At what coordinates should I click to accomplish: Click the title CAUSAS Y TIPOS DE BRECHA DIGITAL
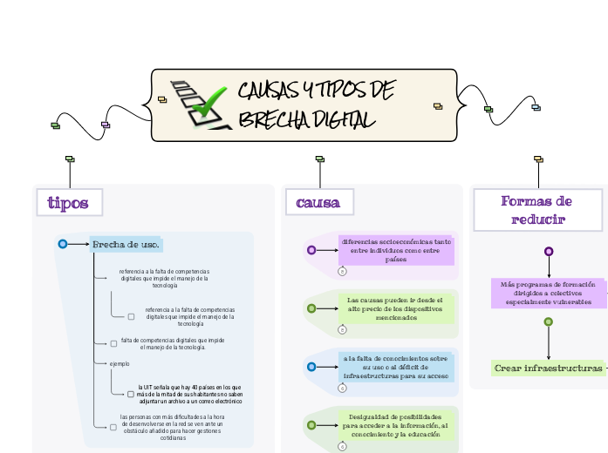pos(316,105)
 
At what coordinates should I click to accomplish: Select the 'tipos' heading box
pos(68,203)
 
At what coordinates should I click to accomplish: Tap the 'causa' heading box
pos(318,203)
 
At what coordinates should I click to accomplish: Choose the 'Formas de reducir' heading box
pos(537,210)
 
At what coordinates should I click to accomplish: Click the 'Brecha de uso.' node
pos(126,244)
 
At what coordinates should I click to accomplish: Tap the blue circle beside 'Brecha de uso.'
pos(62,244)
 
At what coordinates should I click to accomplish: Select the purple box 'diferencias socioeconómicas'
pos(396,250)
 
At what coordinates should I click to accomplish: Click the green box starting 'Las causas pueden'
pos(396,308)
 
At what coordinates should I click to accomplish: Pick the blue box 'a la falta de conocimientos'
pos(396,367)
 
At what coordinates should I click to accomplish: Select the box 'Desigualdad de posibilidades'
pos(396,425)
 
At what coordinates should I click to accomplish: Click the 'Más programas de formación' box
pos(548,293)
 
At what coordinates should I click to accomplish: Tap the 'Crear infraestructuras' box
pos(548,368)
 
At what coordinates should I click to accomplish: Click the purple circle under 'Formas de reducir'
pos(549,251)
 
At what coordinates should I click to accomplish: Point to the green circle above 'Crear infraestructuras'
pos(549,321)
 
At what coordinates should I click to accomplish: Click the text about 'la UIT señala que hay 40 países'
pos(190,394)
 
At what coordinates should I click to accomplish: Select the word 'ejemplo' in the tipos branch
pos(120,363)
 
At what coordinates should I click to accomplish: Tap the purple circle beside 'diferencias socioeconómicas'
pos(311,250)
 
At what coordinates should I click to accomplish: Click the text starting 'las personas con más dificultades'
pos(172,426)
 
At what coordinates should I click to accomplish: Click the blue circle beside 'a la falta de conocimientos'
pos(311,367)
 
